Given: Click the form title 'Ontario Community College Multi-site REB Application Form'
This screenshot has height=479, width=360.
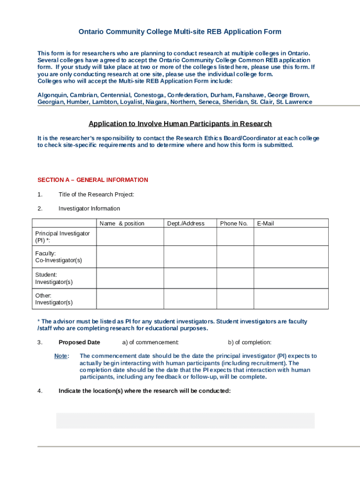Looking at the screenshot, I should (180, 32).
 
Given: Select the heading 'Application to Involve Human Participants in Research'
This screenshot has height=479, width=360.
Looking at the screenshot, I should (180, 124).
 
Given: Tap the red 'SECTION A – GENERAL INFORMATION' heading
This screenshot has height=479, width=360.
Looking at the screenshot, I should (93, 180).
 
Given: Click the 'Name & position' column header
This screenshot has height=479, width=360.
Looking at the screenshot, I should (122, 224).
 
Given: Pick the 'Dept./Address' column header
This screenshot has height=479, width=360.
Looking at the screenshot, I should (186, 224).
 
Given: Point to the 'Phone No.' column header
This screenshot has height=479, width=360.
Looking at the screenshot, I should (234, 224).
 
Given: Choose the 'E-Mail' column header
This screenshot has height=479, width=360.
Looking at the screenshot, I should (265, 224).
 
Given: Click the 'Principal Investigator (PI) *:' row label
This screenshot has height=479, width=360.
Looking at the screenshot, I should (63, 237).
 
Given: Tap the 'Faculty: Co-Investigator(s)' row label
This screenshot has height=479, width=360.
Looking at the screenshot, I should (58, 257).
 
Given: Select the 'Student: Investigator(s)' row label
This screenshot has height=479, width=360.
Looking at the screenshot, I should (54, 278).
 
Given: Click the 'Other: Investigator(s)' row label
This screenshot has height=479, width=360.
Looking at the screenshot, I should (54, 299).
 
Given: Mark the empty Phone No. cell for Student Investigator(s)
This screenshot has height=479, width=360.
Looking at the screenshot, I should (235, 278).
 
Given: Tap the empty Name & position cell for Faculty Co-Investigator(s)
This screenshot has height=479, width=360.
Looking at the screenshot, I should (130, 257).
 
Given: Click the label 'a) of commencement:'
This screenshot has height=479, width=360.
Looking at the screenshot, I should (151, 342).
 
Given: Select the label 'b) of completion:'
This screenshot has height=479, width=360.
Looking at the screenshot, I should (250, 342).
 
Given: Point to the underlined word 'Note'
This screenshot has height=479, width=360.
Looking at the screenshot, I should (61, 356).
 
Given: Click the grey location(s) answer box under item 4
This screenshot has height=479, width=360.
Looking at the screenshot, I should (185, 421).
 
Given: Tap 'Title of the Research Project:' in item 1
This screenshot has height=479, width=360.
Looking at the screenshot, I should (96, 195).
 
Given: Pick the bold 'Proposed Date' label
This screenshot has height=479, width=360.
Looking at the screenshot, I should (79, 342).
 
